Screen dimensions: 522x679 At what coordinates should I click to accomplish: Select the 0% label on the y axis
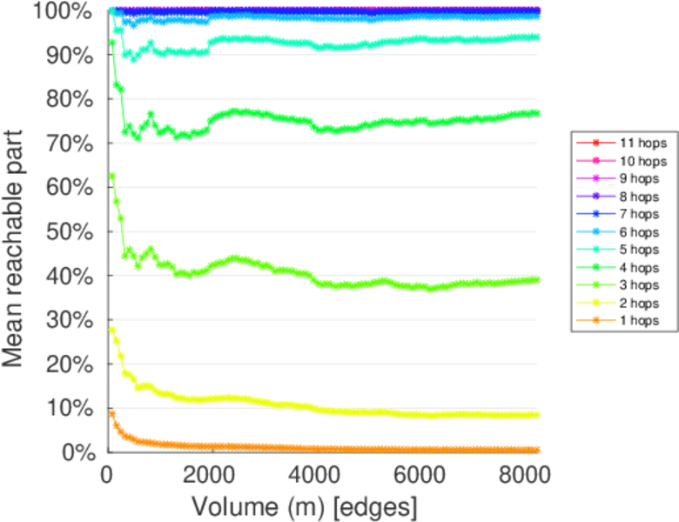coord(76,452)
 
